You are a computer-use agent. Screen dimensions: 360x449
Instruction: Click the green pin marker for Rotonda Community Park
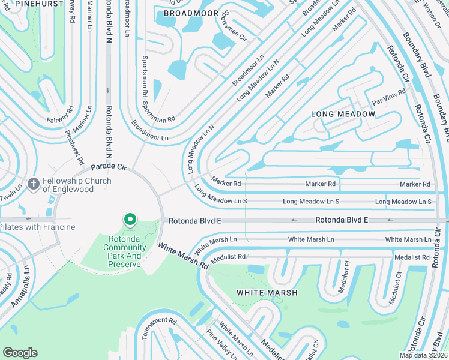point(130,220)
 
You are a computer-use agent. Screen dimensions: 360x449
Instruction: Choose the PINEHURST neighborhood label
point(23,4)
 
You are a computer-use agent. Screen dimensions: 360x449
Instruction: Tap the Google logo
point(20,353)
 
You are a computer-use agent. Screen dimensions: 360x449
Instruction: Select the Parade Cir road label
point(108,166)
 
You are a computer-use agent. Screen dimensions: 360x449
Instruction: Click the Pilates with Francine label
point(37,227)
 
